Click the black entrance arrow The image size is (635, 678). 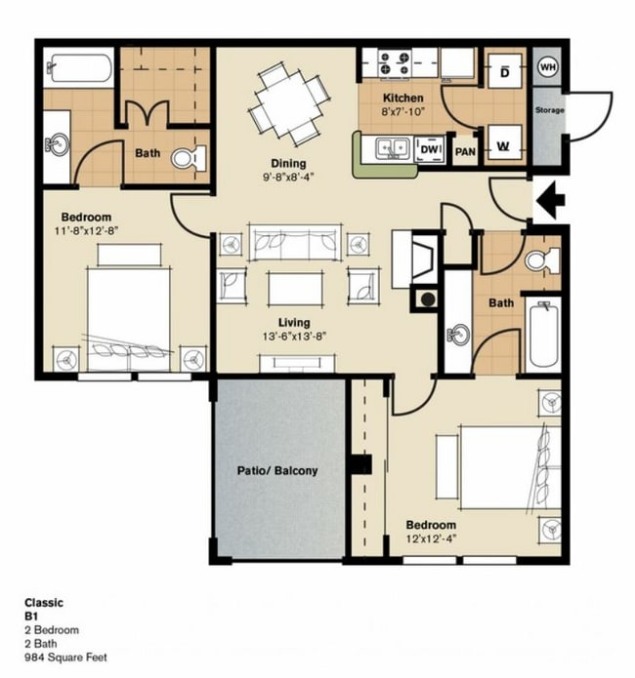551,202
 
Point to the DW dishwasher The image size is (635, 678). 430,149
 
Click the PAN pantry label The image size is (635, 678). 466,151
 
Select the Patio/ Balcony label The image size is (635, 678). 277,470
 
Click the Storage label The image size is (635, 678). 549,110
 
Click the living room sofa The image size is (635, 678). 294,241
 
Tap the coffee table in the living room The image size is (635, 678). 294,288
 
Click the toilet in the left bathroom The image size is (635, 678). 189,156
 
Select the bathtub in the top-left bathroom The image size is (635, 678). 79,69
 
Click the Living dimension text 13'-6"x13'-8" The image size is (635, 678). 293,337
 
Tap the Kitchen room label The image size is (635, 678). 402,98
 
